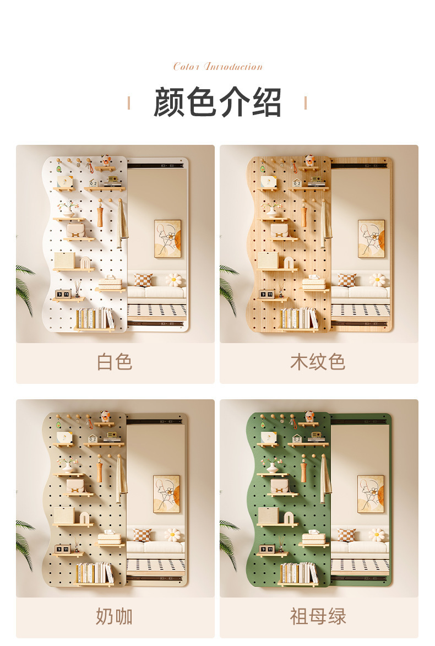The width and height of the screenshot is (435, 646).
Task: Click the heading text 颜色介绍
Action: tap(218, 102)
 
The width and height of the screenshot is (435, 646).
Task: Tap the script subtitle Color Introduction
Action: tap(218, 67)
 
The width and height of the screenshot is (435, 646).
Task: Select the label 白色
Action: tap(115, 362)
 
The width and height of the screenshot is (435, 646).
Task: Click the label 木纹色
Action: tap(318, 362)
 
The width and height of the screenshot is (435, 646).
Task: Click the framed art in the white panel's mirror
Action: tap(167, 238)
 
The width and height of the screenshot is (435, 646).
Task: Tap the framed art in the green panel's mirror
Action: tap(371, 493)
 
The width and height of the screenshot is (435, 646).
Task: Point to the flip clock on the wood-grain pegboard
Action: tap(267, 294)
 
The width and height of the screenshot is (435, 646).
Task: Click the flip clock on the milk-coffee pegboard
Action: tap(62, 549)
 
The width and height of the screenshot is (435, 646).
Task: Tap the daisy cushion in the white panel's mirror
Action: tap(173, 280)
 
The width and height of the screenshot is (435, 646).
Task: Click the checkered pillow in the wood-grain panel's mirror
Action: tap(346, 280)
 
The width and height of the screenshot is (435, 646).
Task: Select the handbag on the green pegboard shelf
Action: tap(280, 485)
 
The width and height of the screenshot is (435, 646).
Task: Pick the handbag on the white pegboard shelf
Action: tap(76, 230)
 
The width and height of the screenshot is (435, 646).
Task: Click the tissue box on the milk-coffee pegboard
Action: tap(110, 538)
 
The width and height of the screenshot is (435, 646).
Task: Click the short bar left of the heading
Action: tap(129, 103)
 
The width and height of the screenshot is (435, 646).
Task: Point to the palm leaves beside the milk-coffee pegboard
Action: tap(25, 542)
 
